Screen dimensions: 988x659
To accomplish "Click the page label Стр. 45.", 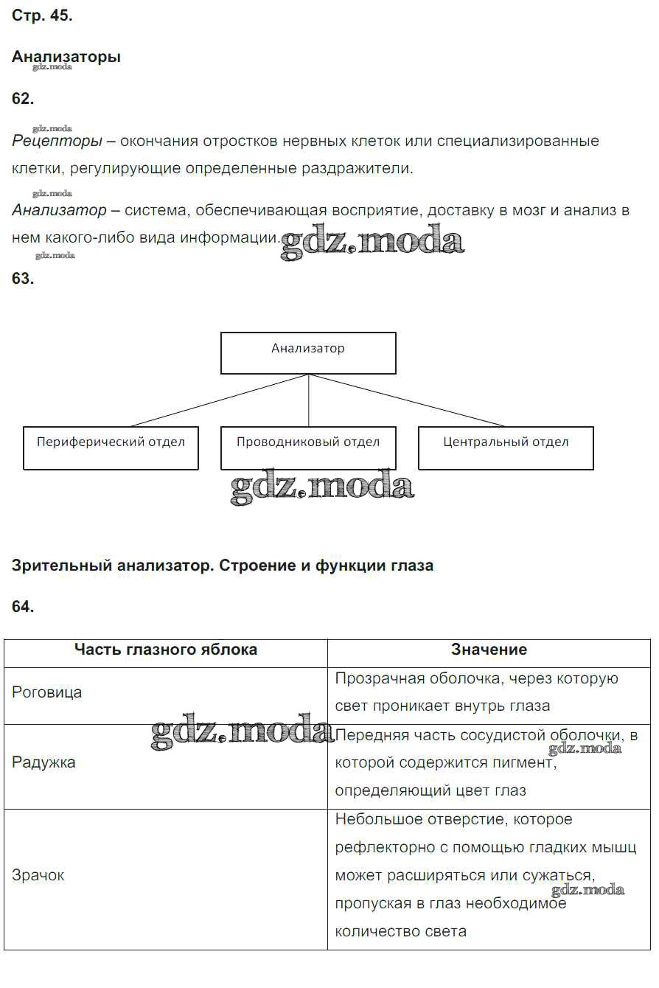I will point(42,16).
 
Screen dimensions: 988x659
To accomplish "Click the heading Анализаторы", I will point(66,57).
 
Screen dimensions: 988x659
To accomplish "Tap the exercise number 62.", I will point(23,99).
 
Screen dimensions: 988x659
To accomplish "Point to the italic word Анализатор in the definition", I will point(60,210).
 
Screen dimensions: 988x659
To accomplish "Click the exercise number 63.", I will point(23,279).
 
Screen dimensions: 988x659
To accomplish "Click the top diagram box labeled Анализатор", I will point(308,353).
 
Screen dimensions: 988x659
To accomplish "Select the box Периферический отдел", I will point(111,448).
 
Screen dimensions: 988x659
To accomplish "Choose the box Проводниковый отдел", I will point(308,448).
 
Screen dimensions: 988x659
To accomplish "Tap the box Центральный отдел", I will point(506,448).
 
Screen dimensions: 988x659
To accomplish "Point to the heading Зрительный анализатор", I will point(223,566).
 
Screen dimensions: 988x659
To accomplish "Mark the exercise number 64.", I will point(23,607).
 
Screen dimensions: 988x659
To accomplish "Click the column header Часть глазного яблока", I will point(166,650).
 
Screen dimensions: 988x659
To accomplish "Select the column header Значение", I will point(489,650).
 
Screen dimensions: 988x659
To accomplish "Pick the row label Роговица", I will point(47,692).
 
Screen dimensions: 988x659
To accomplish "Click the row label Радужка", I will point(43,762).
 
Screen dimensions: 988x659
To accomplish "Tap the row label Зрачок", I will point(38,875).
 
